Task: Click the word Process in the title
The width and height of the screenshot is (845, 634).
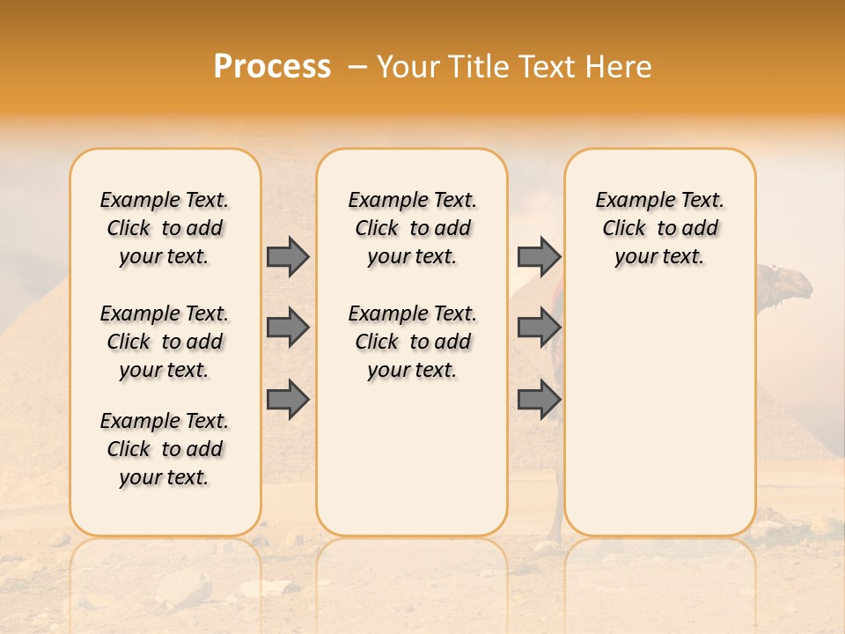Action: point(272,67)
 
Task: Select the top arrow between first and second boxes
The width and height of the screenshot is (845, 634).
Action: point(288,256)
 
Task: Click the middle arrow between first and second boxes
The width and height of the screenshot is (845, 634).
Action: point(288,328)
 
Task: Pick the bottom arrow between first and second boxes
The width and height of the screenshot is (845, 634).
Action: point(288,400)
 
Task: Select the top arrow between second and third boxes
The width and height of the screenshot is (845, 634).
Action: point(539,256)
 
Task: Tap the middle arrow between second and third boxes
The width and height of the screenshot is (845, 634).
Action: point(539,328)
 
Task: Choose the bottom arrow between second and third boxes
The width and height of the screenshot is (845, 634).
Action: point(539,400)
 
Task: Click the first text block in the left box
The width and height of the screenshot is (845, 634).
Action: point(165,228)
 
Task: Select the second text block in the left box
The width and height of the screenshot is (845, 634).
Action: point(165,342)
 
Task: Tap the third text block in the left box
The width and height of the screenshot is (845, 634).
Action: point(165,449)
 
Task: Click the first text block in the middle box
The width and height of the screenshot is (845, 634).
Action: point(412,228)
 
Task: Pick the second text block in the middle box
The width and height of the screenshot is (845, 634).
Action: point(412,342)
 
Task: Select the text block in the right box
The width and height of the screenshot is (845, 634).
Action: point(659,228)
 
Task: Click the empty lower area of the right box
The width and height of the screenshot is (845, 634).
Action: point(659,423)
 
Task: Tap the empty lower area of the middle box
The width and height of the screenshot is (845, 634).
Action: point(412,458)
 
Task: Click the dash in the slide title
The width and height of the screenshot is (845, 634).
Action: point(356,67)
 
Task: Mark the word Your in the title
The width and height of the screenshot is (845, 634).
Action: point(410,67)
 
